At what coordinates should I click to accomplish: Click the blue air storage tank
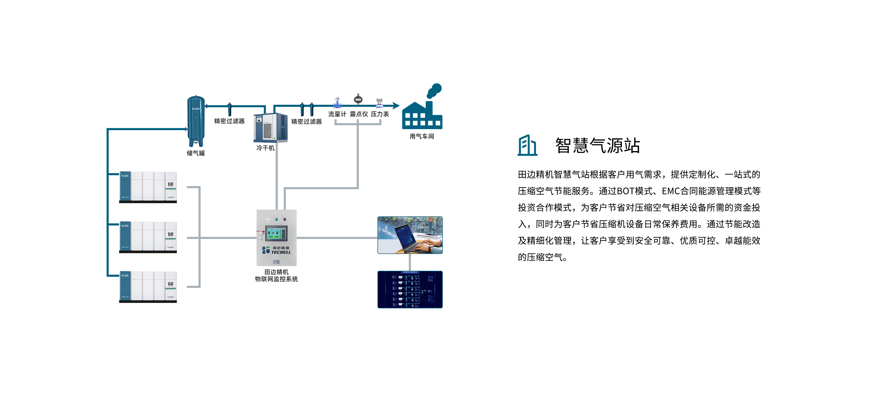(196, 119)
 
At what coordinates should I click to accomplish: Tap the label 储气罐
(196, 153)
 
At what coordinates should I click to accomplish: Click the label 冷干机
(265, 148)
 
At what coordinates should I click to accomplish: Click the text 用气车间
(422, 136)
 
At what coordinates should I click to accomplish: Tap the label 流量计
(337, 114)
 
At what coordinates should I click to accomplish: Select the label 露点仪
(359, 114)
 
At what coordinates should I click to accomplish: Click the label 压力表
(380, 114)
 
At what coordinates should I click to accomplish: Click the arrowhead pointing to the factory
(396, 106)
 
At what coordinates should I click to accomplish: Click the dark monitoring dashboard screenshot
(410, 289)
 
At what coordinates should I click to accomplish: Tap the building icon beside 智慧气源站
(527, 145)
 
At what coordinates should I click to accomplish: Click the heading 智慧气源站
(598, 145)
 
